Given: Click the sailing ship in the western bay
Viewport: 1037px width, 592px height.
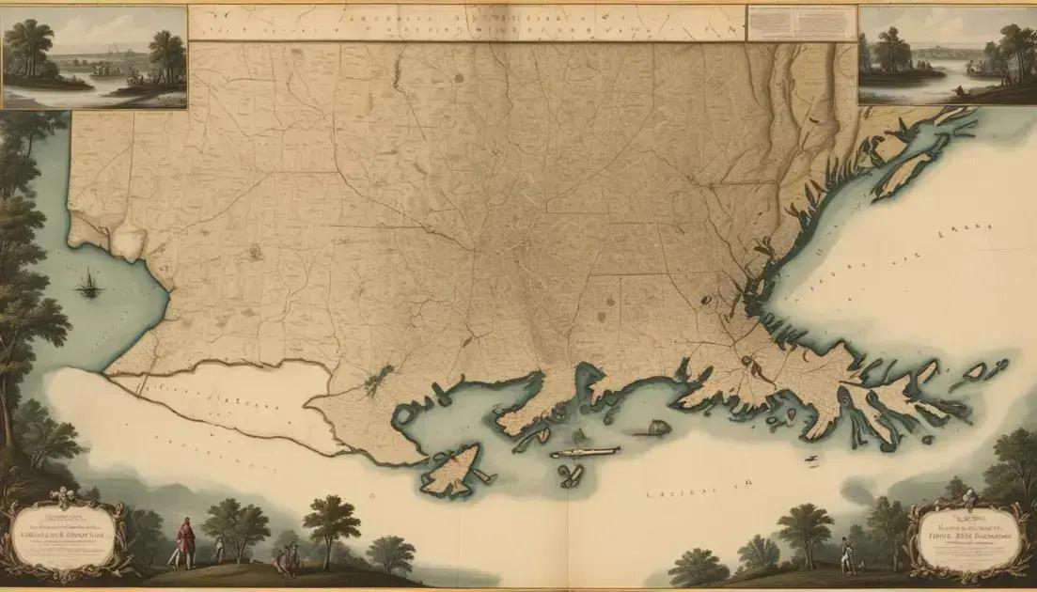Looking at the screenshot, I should (89, 283).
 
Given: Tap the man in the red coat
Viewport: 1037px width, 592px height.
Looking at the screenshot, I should (186, 540).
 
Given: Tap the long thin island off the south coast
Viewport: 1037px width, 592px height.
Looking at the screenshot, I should (585, 452).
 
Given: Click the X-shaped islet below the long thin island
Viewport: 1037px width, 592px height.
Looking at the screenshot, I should (570, 475).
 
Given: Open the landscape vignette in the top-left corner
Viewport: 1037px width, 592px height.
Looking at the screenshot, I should (94, 56).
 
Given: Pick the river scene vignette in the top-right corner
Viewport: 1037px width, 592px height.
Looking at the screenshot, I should (947, 56).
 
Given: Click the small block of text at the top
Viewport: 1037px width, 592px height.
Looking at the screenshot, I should (802, 23).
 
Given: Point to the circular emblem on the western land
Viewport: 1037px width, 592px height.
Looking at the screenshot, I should (253, 251).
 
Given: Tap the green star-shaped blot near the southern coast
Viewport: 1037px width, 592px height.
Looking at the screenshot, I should (378, 379).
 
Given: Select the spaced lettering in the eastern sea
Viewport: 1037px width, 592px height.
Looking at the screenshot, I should (950, 229).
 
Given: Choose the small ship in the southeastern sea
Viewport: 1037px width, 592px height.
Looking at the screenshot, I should (811, 459).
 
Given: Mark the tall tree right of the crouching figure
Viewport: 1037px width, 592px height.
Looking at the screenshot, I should (332, 526).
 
